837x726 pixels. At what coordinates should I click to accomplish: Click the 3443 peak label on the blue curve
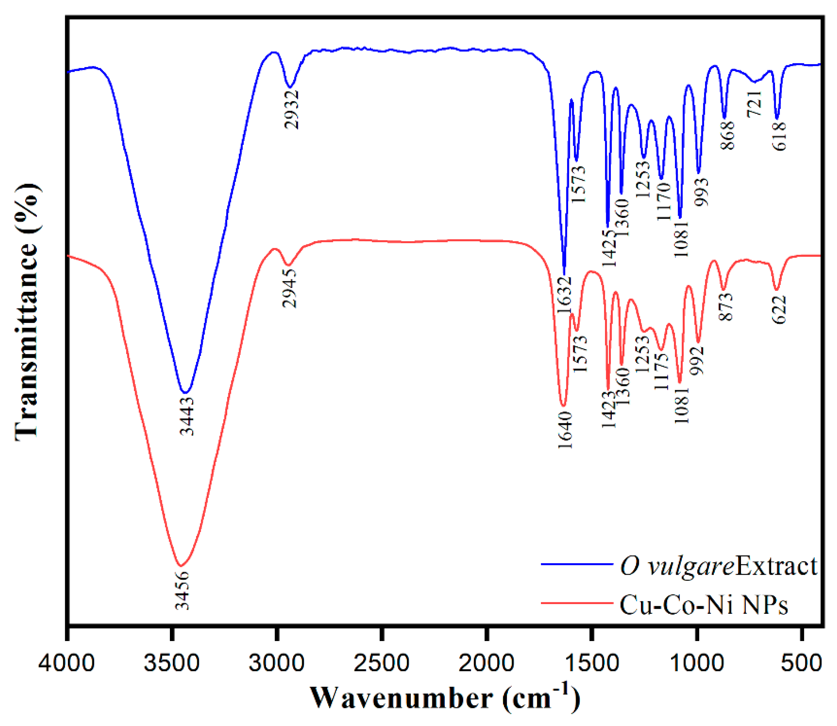click(187, 416)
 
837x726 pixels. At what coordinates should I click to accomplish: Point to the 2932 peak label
click(292, 109)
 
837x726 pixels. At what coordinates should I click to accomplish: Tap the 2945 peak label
click(290, 288)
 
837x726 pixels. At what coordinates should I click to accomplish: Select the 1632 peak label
click(564, 295)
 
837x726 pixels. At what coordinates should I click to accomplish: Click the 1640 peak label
click(565, 430)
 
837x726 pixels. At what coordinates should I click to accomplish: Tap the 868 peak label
click(728, 135)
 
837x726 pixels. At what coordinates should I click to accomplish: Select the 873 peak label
click(726, 307)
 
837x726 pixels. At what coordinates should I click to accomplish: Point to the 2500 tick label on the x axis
click(381, 664)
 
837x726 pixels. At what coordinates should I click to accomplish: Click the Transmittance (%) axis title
click(28, 312)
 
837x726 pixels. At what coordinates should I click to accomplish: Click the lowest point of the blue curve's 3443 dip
click(185, 393)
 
